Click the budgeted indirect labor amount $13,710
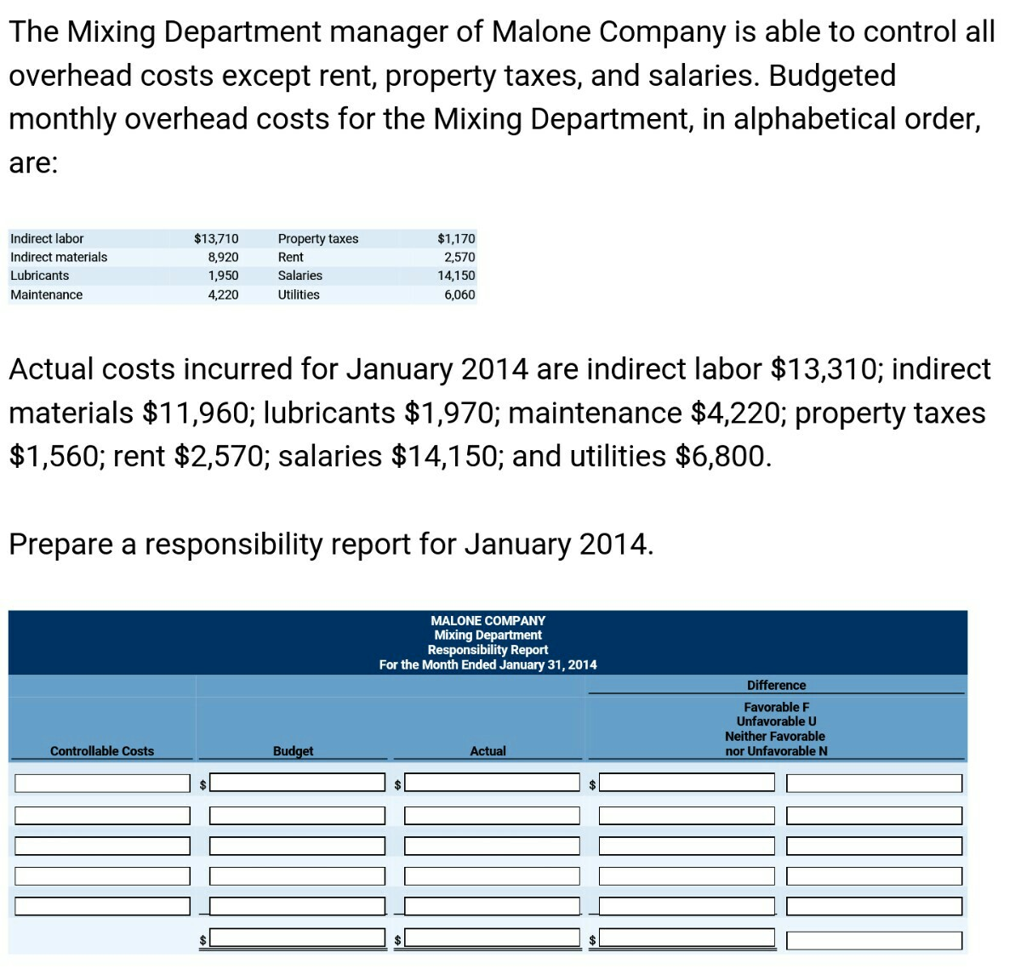216,239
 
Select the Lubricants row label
40,276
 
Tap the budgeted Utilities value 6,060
459,295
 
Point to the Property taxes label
318,239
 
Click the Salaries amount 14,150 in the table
456,276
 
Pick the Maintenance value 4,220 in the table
223,295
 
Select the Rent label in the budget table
291,257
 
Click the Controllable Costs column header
102,751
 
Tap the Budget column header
293,751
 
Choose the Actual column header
488,751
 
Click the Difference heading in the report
776,686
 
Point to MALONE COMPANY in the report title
488,621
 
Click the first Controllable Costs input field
102,783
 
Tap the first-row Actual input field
492,783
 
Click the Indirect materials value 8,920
223,257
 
